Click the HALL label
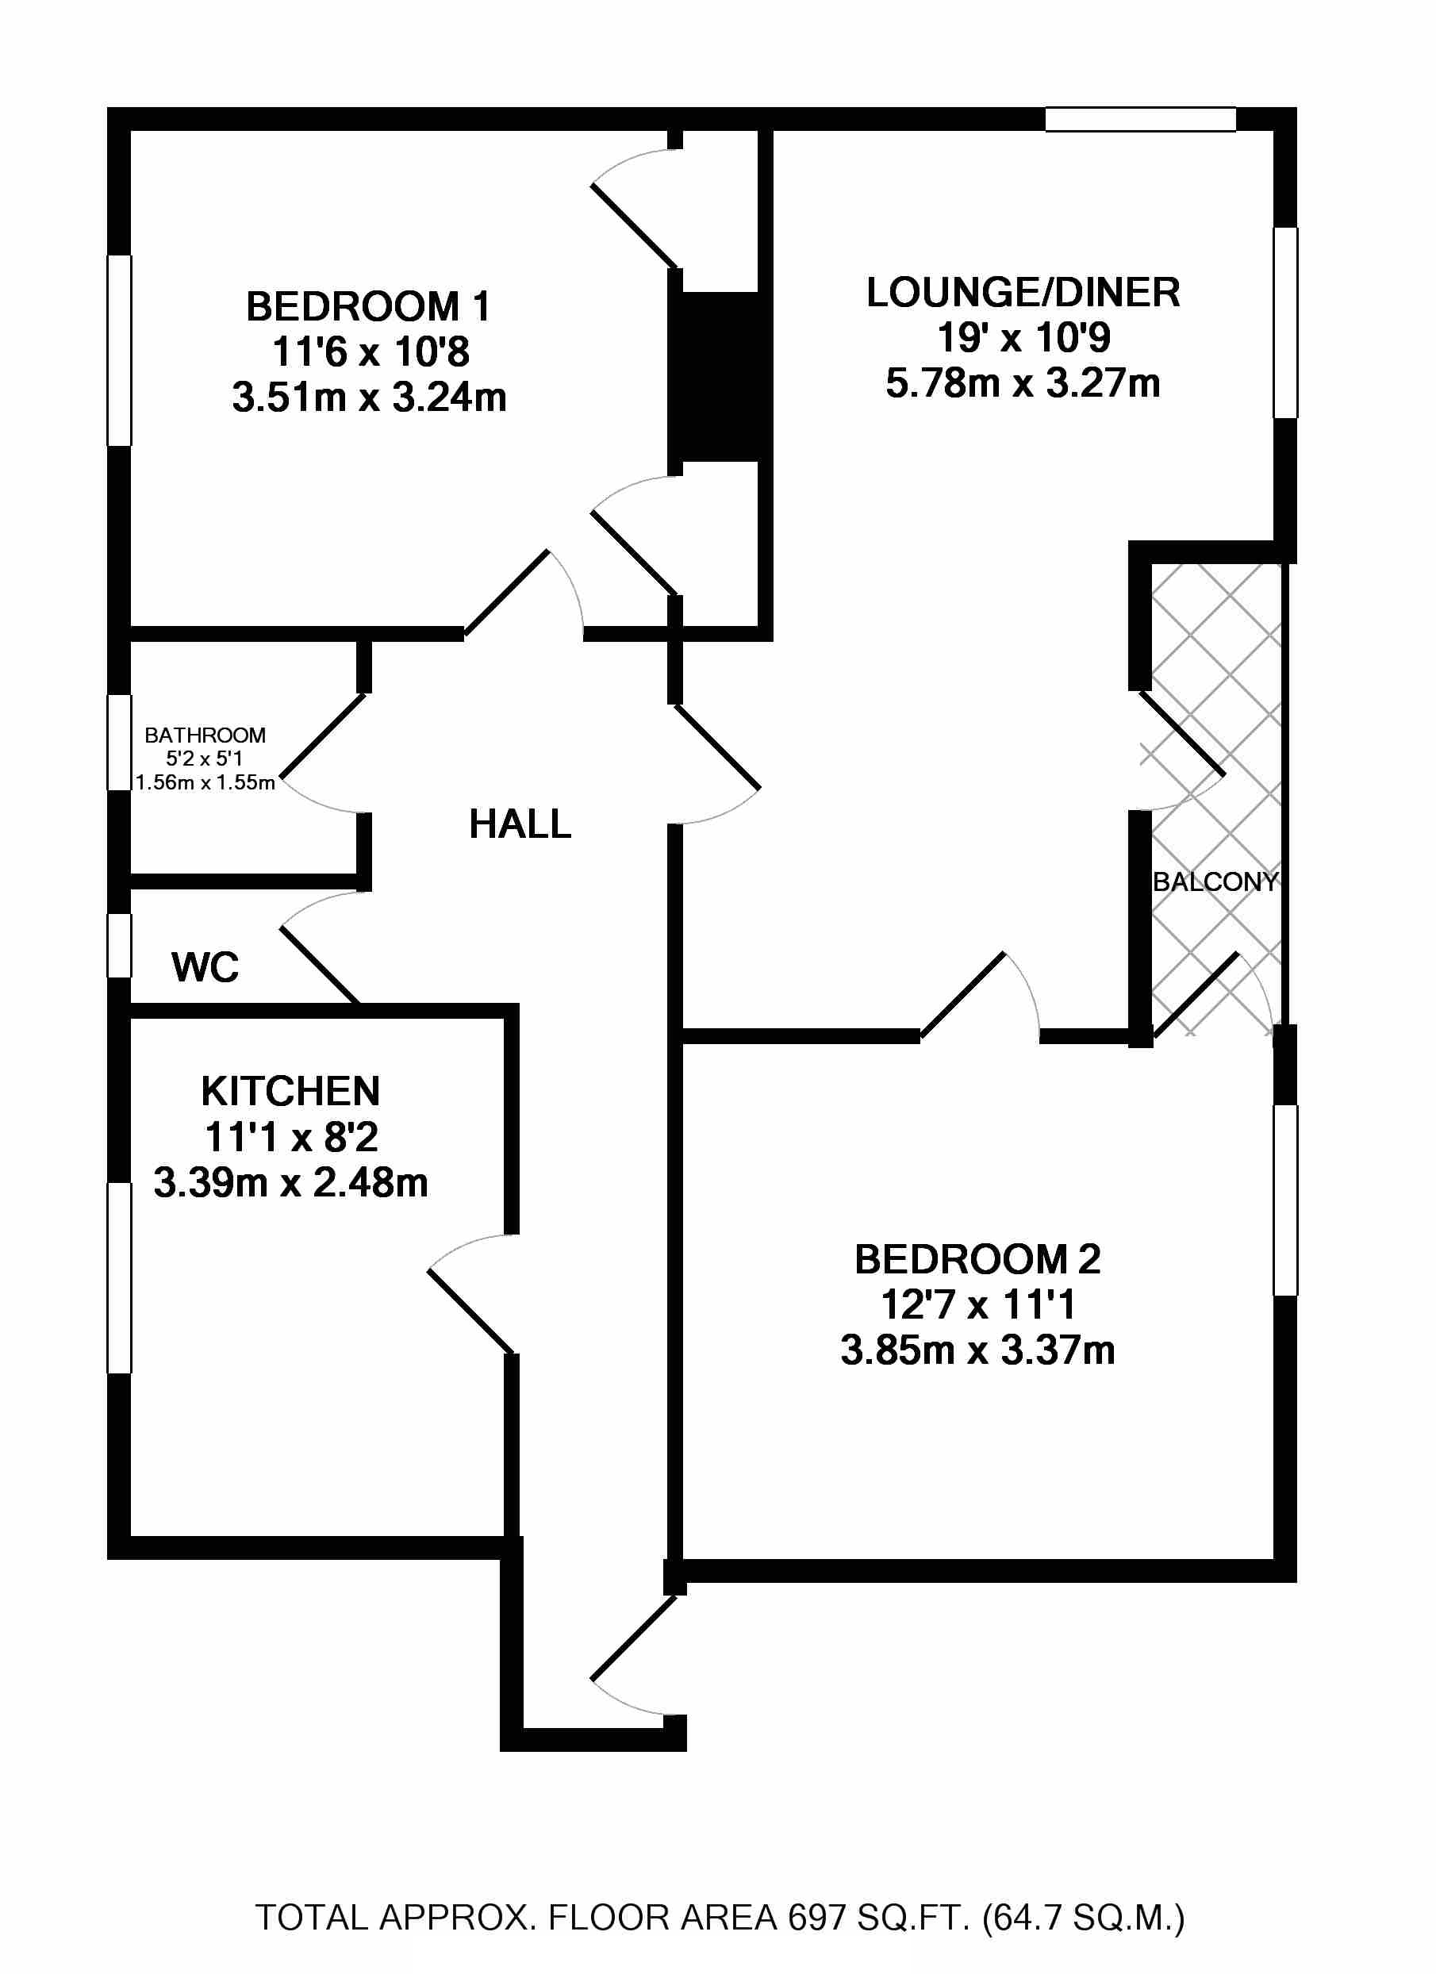point(520,824)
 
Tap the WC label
point(205,967)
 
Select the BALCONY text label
point(1214,881)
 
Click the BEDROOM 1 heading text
point(369,306)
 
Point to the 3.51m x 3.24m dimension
point(369,397)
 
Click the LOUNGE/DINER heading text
point(1023,293)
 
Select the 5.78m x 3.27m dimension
point(1023,384)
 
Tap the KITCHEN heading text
point(290,1092)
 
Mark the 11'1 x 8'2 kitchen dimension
point(290,1137)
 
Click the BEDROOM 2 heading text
point(977,1259)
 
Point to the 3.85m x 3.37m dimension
point(977,1350)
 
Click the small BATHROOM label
point(205,735)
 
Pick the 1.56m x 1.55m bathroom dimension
point(205,782)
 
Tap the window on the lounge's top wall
point(1140,119)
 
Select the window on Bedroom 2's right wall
point(1285,1200)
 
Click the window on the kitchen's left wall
point(119,1277)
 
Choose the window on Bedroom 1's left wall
point(119,350)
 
